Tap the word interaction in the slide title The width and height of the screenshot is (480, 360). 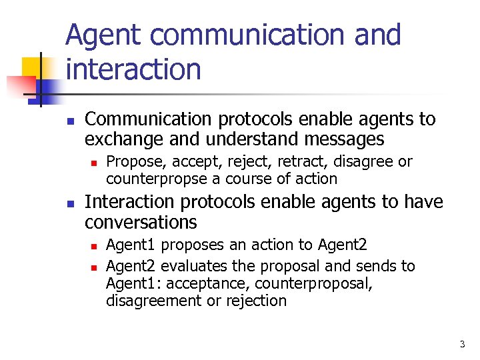(133, 69)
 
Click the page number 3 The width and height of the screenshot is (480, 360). (462, 345)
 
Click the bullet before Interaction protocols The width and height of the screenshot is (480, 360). (69, 203)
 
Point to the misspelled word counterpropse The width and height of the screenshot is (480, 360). (155, 179)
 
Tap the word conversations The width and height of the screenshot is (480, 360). (141, 222)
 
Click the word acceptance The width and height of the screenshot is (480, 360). (209, 283)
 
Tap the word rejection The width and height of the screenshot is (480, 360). (256, 301)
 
